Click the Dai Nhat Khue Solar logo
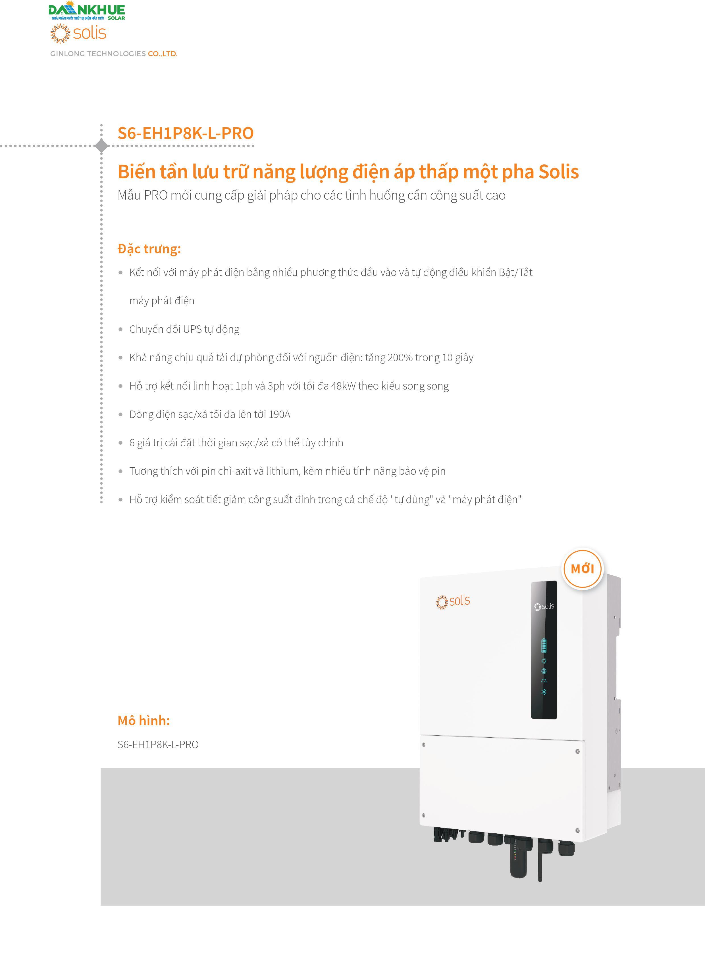pyautogui.click(x=87, y=12)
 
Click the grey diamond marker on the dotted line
pyautogui.click(x=101, y=146)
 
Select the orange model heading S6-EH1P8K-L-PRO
pyautogui.click(x=186, y=133)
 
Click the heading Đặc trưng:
pyautogui.click(x=149, y=249)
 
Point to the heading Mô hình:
pyautogui.click(x=144, y=720)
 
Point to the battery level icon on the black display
pyautogui.click(x=544, y=646)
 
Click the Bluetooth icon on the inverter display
pyautogui.click(x=544, y=692)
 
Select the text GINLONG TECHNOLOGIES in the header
pyautogui.click(x=98, y=54)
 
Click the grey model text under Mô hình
pyautogui.click(x=158, y=744)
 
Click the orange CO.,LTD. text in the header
pyautogui.click(x=162, y=54)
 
